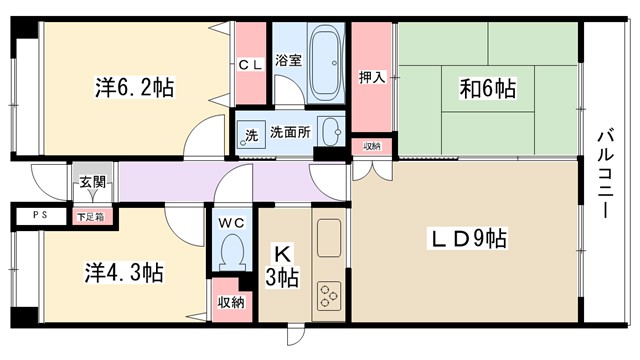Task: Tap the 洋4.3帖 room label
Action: tap(124, 272)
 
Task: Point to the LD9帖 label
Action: tap(467, 240)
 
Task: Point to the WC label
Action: tap(231, 222)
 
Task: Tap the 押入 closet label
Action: tap(373, 76)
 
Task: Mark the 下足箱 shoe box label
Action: tap(90, 216)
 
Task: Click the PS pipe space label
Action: tap(38, 215)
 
